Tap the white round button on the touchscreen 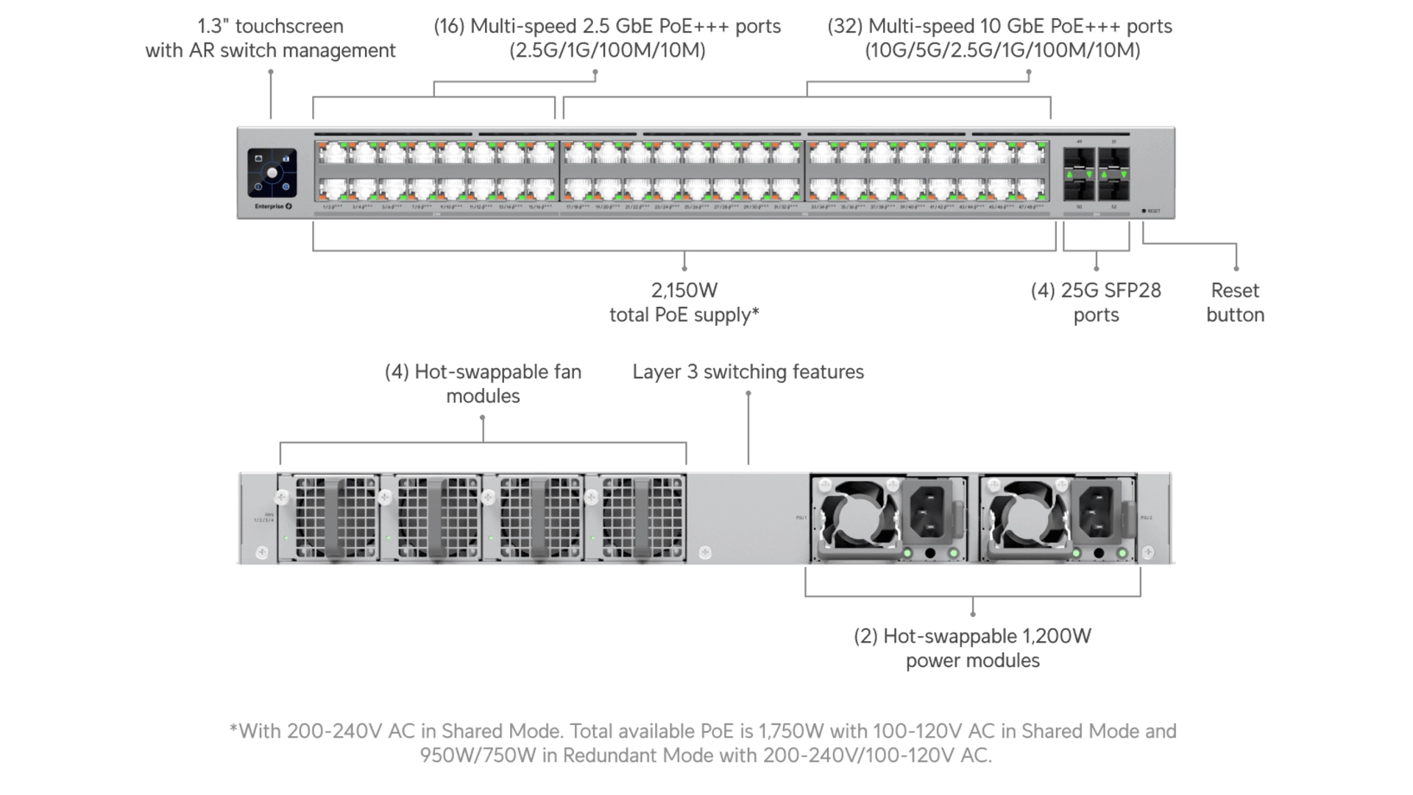pos(272,172)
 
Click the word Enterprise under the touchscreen pos(269,207)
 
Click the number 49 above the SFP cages pos(1079,141)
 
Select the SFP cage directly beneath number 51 pos(1113,160)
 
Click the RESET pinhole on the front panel pos(1144,211)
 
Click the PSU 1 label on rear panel pos(801,517)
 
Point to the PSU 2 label pos(1146,517)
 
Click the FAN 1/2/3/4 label pos(269,517)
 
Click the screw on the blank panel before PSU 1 pos(705,552)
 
